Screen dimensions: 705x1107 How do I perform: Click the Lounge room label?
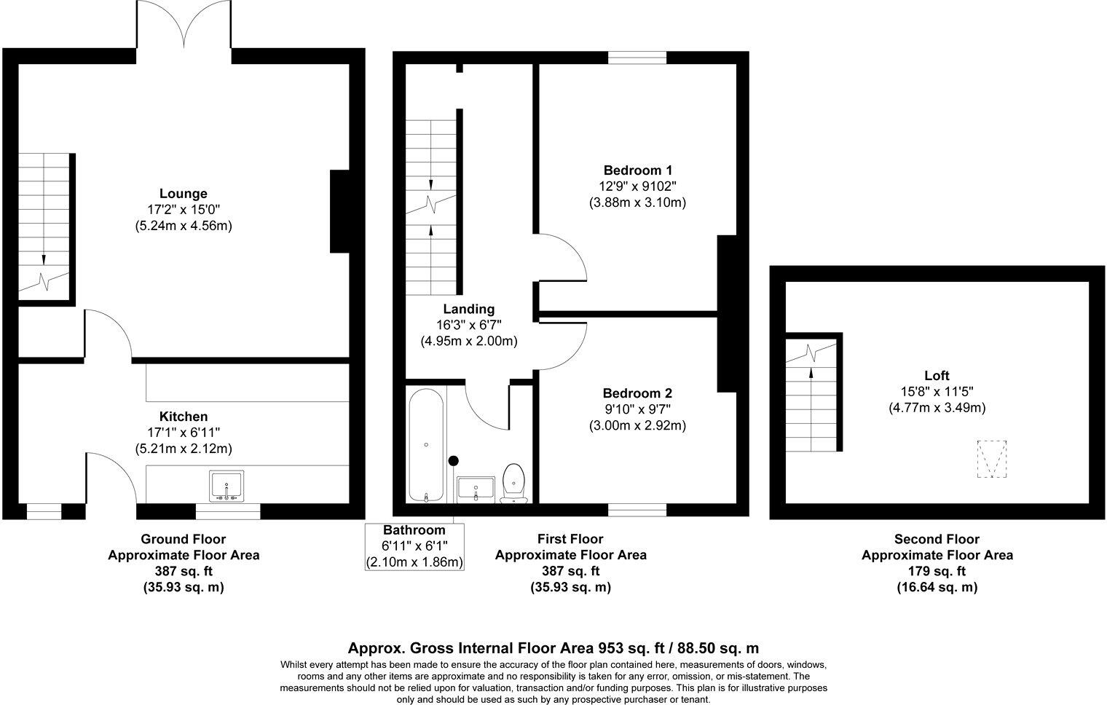pyautogui.click(x=184, y=194)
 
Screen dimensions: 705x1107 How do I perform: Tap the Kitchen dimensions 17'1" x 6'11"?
pyautogui.click(x=184, y=433)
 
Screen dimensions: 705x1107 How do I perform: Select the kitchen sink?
pyautogui.click(x=226, y=486)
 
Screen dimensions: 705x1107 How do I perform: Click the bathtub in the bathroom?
pyautogui.click(x=426, y=446)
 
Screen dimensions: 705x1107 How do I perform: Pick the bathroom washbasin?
pyautogui.click(x=476, y=489)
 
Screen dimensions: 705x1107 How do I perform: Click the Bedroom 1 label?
pyautogui.click(x=637, y=170)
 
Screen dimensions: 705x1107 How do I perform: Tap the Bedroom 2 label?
pyautogui.click(x=637, y=393)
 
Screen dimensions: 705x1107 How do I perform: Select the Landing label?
pyautogui.click(x=469, y=309)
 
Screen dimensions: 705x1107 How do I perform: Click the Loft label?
pyautogui.click(x=937, y=376)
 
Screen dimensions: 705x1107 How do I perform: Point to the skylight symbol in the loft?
pyautogui.click(x=991, y=459)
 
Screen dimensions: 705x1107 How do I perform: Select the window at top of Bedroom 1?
pyautogui.click(x=637, y=58)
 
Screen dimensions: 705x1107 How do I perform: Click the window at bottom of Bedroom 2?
pyautogui.click(x=637, y=510)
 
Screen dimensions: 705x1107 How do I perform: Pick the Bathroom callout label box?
pyautogui.click(x=414, y=546)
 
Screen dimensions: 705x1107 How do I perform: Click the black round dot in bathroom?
pyautogui.click(x=454, y=460)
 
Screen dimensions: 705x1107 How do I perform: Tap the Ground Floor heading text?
pyautogui.click(x=184, y=539)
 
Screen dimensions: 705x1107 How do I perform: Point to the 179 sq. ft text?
pyautogui.click(x=937, y=571)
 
